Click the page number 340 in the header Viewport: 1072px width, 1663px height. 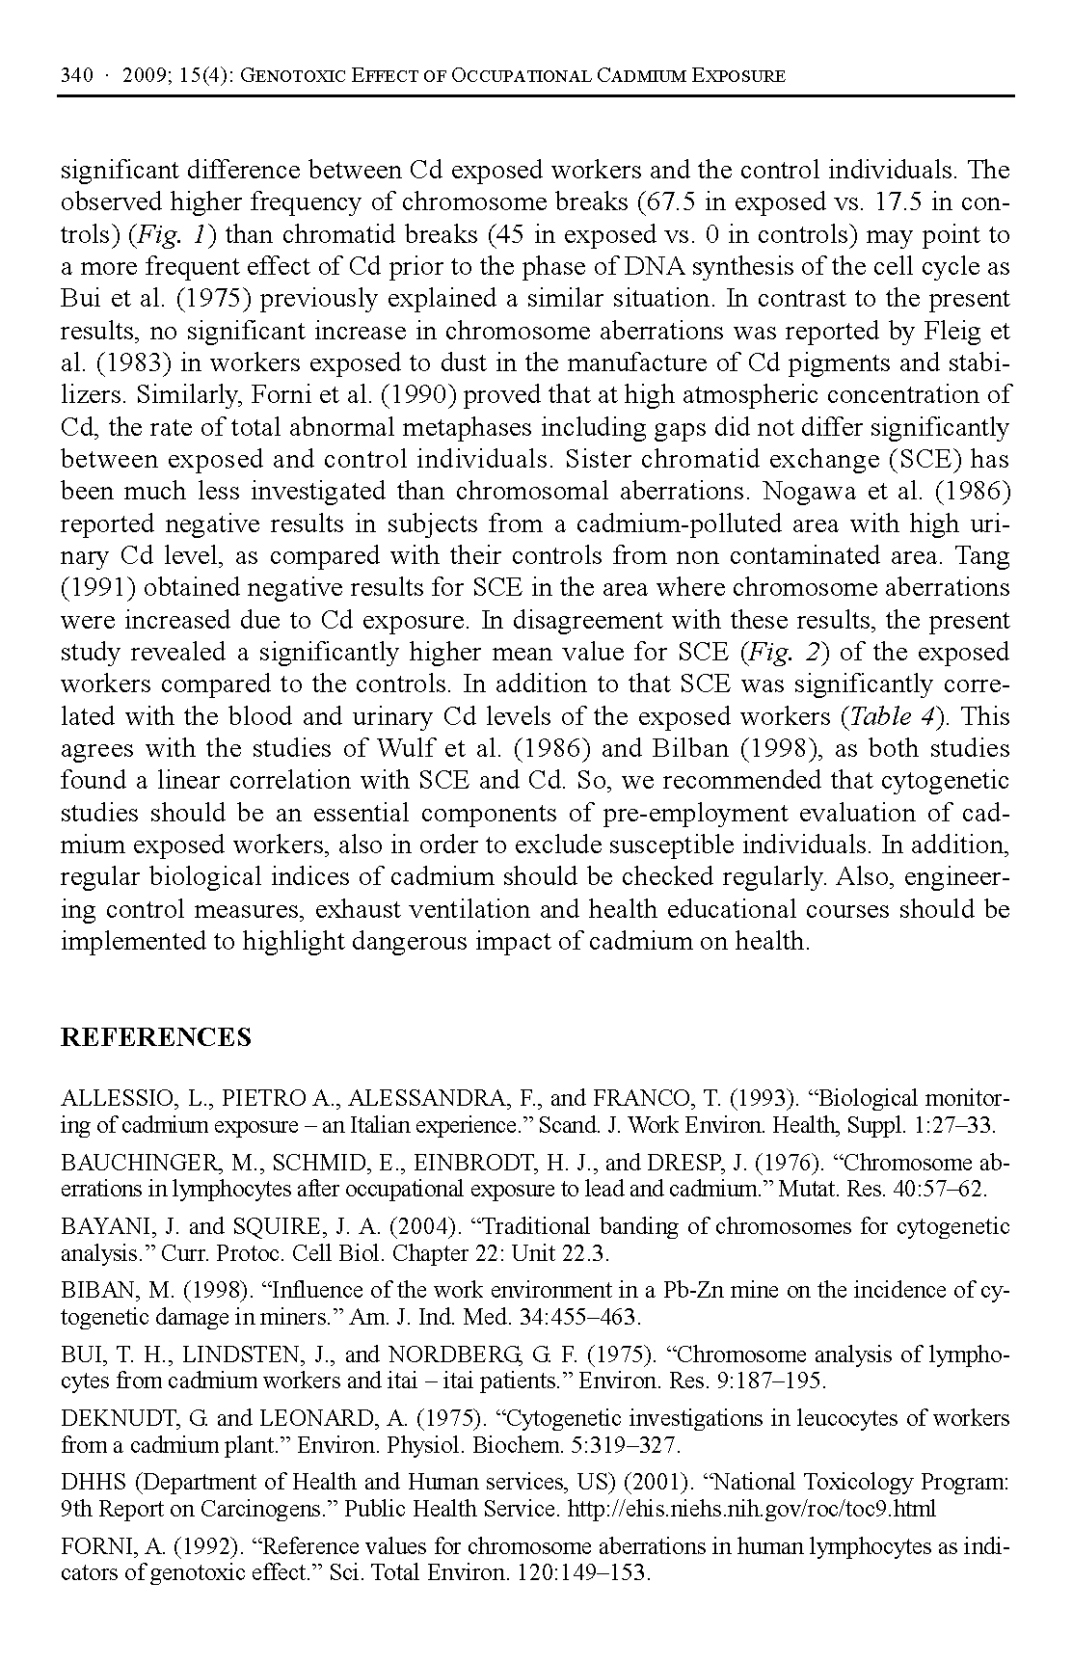click(76, 75)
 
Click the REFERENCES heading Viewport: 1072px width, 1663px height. click(155, 1037)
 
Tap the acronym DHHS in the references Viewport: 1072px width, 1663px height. click(90, 1482)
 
